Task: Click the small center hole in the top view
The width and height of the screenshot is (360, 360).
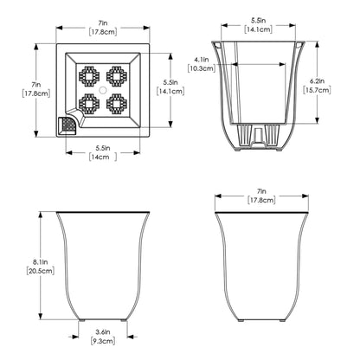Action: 102,89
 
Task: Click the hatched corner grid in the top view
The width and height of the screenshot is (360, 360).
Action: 64,126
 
